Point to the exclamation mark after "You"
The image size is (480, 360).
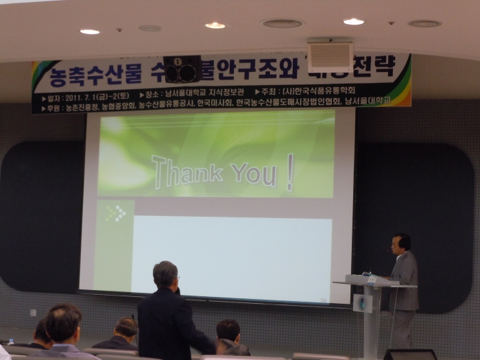coord(290,172)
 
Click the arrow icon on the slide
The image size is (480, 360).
coord(116,213)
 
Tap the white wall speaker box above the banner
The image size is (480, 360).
coord(330,55)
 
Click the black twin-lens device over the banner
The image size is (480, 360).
coord(182,69)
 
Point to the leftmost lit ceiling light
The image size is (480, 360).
coord(89,32)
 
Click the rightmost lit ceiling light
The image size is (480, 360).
coord(353,21)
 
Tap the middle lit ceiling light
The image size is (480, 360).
coord(215,25)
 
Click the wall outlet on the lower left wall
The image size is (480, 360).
coord(33,313)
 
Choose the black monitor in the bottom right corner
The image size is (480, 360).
coord(409,354)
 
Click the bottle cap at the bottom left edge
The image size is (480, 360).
coord(10,341)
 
